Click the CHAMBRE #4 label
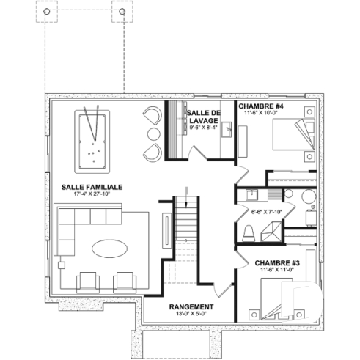point(260,106)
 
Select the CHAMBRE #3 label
point(276,262)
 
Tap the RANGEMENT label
point(191,306)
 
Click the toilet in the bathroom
point(249,233)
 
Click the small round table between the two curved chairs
point(154,133)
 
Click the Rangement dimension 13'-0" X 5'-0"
point(191,315)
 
